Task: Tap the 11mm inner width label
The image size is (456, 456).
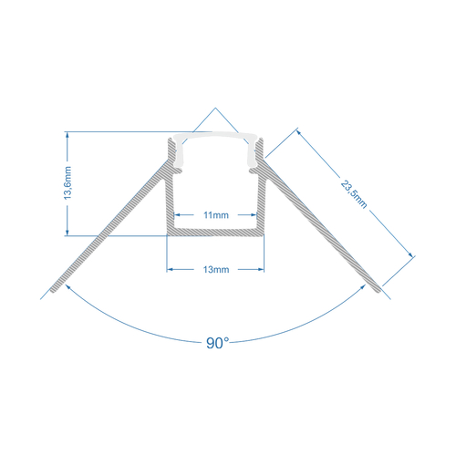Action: [x=216, y=215]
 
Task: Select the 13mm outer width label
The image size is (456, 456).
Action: [x=216, y=270]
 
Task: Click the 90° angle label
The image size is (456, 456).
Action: [x=217, y=344]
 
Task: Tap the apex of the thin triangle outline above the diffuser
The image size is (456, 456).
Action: [x=216, y=109]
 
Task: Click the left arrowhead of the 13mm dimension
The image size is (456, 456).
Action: [x=170, y=269]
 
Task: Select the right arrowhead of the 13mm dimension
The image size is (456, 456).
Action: [x=263, y=269]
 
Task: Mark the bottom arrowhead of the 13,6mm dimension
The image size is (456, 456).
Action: [x=69, y=233]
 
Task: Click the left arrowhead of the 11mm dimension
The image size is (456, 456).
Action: [x=178, y=215]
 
